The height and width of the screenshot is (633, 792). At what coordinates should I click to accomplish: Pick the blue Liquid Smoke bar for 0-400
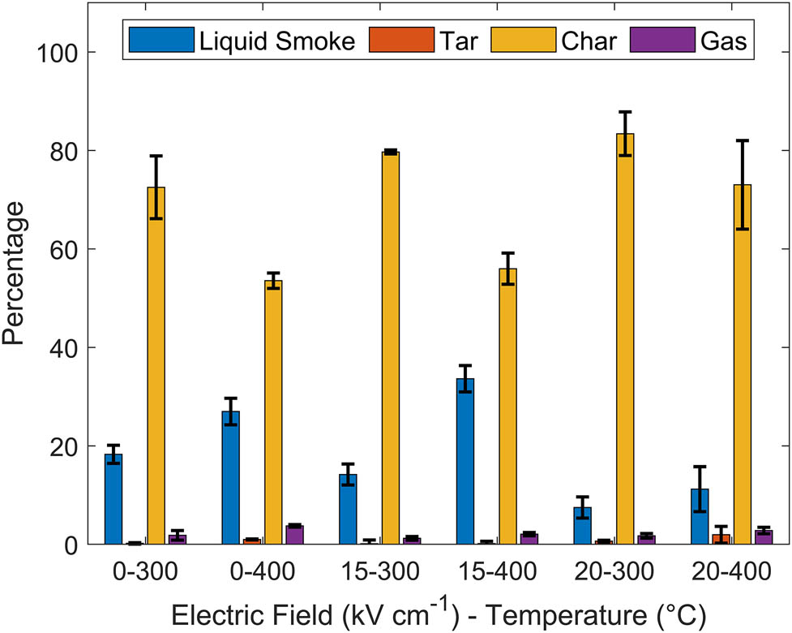[x=230, y=478]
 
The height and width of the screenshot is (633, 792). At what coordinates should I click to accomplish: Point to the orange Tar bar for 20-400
[x=721, y=539]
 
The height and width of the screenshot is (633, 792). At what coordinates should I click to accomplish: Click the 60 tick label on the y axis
[x=65, y=249]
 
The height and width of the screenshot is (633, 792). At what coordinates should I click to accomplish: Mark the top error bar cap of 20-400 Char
[x=742, y=140]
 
